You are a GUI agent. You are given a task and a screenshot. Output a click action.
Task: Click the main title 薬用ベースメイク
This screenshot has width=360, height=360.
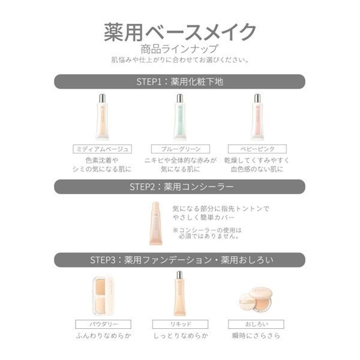coord(180,32)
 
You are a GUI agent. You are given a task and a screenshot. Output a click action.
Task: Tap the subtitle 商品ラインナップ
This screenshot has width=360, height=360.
coord(179,49)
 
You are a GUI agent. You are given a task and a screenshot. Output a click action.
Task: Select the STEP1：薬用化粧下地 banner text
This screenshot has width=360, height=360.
coord(180,82)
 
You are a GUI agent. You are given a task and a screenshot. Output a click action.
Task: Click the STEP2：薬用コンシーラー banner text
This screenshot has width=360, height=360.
coord(181,187)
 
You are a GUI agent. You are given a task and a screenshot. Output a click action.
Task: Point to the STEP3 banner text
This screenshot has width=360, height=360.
coord(182,260)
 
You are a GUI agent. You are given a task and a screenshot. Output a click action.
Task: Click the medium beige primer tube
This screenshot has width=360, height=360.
coord(102,117)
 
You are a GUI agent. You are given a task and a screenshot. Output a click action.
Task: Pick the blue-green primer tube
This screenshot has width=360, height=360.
coord(180,117)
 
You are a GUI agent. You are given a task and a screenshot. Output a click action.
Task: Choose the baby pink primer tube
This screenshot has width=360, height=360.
coord(257,117)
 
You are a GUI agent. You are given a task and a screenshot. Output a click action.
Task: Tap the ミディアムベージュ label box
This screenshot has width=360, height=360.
coord(102,149)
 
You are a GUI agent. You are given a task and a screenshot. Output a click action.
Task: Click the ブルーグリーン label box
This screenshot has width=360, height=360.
coord(181,149)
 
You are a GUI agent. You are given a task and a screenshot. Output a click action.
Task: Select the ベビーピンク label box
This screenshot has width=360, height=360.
coord(257,149)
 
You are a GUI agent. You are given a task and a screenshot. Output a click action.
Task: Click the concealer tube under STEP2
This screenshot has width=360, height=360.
coord(155,223)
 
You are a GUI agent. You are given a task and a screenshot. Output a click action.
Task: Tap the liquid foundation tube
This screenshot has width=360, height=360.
coord(179,293)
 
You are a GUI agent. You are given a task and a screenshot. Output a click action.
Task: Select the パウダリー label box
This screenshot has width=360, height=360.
coord(103,324)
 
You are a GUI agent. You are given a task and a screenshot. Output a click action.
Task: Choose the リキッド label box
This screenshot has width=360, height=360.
coord(180,324)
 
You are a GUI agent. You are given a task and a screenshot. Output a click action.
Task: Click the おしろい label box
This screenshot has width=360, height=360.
coord(256,324)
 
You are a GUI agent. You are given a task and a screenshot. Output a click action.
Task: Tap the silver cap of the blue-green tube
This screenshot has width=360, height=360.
coord(180,98)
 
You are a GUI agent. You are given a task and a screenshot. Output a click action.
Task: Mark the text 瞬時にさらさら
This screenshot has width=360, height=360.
coord(256,335)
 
